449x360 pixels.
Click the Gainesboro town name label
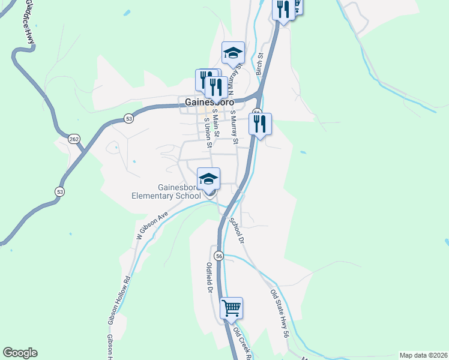point(209,102)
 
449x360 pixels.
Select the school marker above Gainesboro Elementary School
point(209,179)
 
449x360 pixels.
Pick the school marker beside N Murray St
point(232,53)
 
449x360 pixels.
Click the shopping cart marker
point(231,308)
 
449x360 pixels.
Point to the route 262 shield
point(74,139)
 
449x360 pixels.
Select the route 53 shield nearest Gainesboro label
point(129,119)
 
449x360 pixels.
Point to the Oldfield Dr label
point(210,278)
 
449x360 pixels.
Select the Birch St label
point(260,64)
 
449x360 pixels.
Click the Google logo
point(20,353)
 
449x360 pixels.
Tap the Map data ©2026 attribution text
point(423,355)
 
